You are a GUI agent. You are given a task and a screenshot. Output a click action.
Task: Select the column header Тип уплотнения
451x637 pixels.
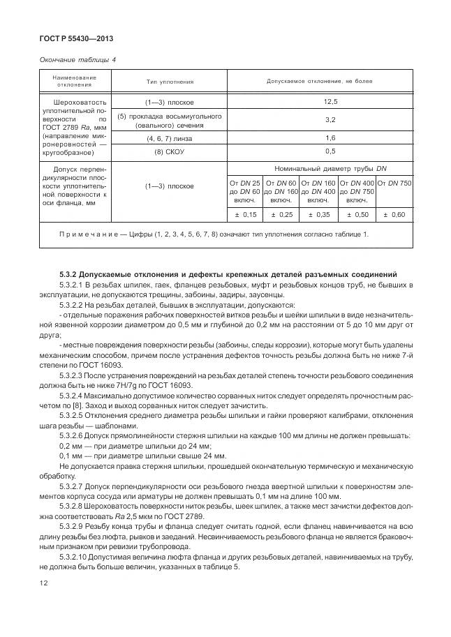coord(170,82)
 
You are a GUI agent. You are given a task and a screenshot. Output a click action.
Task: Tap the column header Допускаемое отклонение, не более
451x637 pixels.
coord(319,82)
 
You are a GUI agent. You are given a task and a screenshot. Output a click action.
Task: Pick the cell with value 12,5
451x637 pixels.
coord(320,102)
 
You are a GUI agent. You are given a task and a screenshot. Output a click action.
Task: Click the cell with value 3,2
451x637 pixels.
coord(320,120)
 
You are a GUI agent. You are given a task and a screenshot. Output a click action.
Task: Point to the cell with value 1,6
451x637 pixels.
coord(320,138)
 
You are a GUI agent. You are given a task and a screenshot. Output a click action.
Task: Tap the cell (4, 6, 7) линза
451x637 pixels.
coord(170,138)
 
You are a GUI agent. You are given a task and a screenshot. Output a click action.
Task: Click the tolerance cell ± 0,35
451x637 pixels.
coord(319,214)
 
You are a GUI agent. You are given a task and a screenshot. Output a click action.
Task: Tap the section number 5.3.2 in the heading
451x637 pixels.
coord(71,274)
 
